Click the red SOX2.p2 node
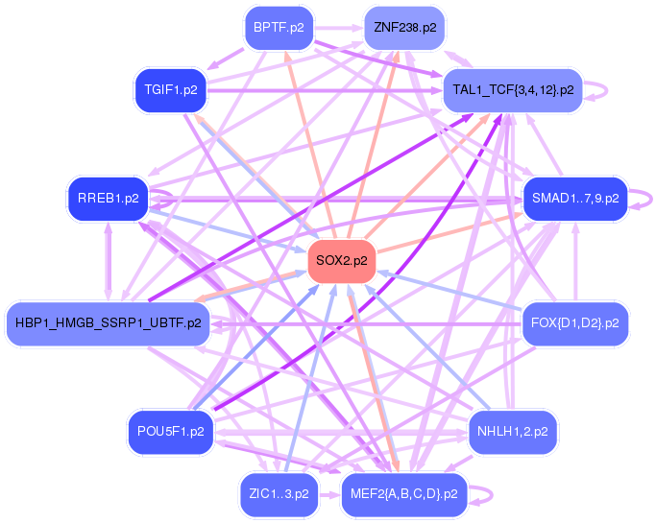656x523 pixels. (341, 260)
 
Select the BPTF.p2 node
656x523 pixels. (279, 28)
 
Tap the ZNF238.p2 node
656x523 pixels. (404, 28)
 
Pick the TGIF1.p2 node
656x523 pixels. (170, 90)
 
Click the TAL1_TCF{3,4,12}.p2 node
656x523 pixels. (512, 90)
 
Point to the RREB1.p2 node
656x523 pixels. (108, 199)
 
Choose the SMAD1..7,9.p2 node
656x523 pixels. (574, 199)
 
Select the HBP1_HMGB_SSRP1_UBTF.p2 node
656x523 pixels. (108, 322)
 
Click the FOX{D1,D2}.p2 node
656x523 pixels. (574, 322)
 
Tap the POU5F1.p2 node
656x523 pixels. (170, 432)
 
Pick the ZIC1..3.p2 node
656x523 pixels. (279, 494)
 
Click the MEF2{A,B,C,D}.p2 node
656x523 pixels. (404, 494)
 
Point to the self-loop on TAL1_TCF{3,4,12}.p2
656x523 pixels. (600, 90)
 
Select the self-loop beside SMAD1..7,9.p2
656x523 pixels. (644, 199)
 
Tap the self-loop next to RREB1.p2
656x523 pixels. (165, 199)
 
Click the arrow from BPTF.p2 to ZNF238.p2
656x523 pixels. (338, 28)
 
